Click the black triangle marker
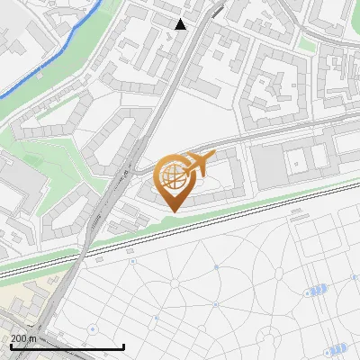click(x=181, y=24)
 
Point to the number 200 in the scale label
click(x=18, y=339)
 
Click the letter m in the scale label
click(x=32, y=339)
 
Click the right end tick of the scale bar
click(x=123, y=346)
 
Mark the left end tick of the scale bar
click(x=10, y=346)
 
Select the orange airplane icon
click(x=197, y=164)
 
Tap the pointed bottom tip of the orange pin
click(x=171, y=211)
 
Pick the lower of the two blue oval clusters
click(x=336, y=348)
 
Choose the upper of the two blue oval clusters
click(x=315, y=292)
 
